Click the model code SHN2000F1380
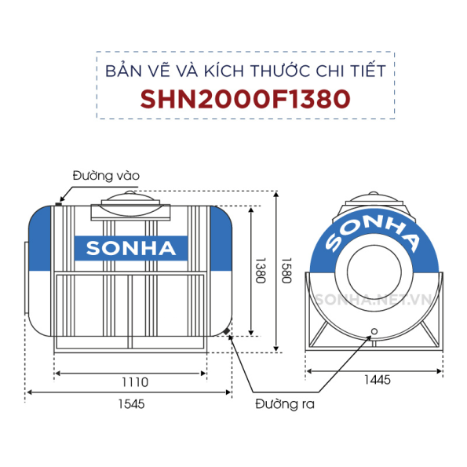244,98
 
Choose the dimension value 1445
378,381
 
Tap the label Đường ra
284,405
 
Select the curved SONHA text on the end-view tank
373,228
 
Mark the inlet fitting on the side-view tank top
60,201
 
